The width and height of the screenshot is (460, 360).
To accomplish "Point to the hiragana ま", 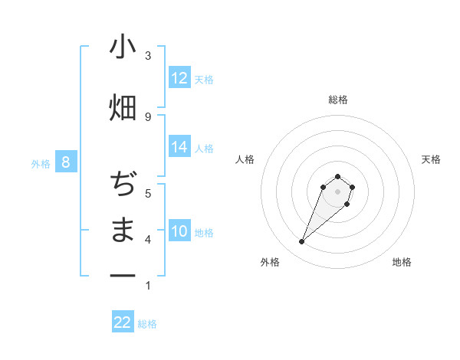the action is [123, 230].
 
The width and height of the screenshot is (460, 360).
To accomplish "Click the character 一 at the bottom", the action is [123, 274].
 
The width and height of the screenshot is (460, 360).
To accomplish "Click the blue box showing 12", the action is [179, 78].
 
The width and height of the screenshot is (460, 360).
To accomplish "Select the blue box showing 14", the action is [179, 147].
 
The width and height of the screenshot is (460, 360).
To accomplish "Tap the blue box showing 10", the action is [179, 231].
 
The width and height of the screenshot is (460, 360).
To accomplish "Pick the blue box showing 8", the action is [66, 162].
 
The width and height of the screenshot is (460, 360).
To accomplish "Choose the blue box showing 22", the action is [123, 322].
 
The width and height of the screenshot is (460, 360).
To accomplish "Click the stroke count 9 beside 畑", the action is [148, 116].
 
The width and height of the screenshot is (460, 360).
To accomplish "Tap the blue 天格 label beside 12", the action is [204, 79].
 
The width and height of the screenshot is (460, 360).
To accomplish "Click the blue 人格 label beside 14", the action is [204, 148].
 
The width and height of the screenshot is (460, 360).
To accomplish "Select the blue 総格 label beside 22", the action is [147, 324].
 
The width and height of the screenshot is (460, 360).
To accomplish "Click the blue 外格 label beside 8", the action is [40, 163].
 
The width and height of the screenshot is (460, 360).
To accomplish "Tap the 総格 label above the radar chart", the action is [338, 100].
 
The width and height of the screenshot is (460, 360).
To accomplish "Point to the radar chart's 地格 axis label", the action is [402, 262].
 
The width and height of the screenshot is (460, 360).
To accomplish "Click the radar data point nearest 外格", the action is [302, 242].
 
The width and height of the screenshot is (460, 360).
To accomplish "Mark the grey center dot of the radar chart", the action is [337, 191].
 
